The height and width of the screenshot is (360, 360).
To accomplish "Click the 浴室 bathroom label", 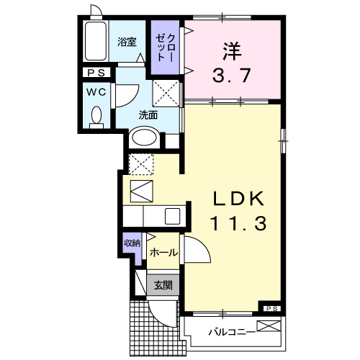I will (x=127, y=42).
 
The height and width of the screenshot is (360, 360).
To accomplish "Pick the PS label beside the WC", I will (x=95, y=73).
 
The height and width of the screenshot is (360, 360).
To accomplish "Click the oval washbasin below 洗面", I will (x=145, y=137).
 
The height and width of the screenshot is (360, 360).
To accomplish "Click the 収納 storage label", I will (x=131, y=243).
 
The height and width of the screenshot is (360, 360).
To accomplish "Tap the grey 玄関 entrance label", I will (x=162, y=285).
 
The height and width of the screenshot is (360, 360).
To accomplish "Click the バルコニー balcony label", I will (x=230, y=332).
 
